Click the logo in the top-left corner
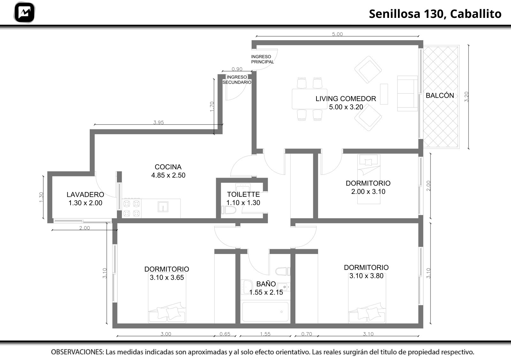click(x=24, y=12)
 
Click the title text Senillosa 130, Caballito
click(x=435, y=14)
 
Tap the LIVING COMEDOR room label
click(x=346, y=103)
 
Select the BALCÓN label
click(x=440, y=96)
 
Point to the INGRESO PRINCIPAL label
click(x=262, y=59)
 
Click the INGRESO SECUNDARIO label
click(x=237, y=80)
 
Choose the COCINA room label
click(x=168, y=171)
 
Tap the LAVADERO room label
click(x=85, y=198)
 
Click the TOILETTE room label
click(x=243, y=198)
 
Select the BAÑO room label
click(x=266, y=288)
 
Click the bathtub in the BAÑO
click(x=265, y=312)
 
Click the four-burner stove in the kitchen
click(x=131, y=208)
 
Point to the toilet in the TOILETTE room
click(x=228, y=210)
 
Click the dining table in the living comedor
click(x=309, y=99)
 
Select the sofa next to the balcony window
click(x=408, y=94)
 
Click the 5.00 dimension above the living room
click(x=337, y=34)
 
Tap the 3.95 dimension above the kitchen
click(x=158, y=122)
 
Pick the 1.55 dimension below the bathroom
click(x=265, y=334)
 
